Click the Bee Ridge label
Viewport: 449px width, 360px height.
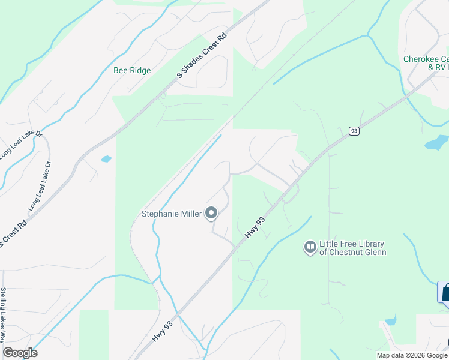[x=132, y=70]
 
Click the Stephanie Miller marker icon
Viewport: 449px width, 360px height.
[x=211, y=213]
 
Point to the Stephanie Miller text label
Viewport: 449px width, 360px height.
[x=171, y=213]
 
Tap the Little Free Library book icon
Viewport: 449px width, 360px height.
[x=310, y=247]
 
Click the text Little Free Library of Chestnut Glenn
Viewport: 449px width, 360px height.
[x=352, y=248]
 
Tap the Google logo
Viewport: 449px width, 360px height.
[x=20, y=353]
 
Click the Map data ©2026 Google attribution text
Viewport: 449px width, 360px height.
[x=412, y=355]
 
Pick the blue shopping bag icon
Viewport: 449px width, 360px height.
[x=445, y=293]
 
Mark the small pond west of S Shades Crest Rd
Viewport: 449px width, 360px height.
[x=106, y=159]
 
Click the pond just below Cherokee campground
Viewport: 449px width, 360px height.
[x=436, y=143]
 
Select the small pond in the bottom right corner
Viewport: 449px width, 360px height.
[x=391, y=319]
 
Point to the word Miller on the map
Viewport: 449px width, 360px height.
[x=188, y=213]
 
